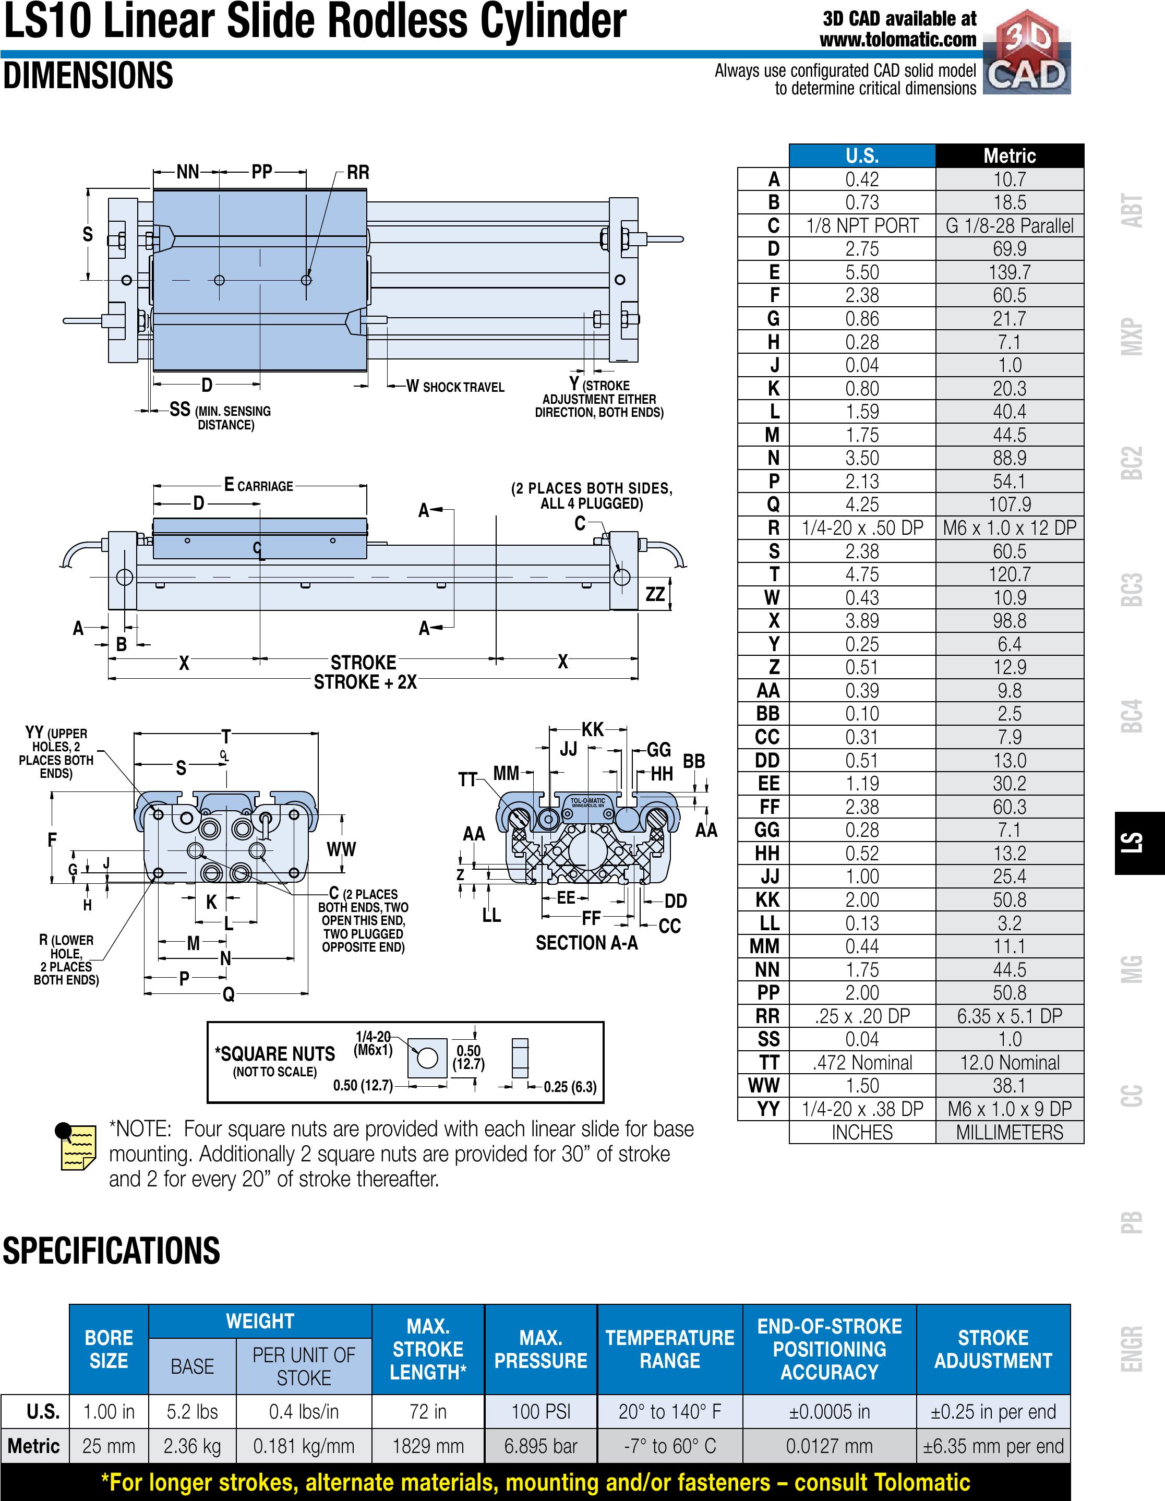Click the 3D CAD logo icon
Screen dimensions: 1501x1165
point(1027,53)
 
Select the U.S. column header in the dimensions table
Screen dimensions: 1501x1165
point(862,155)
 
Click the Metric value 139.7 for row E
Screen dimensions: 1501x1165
point(1009,272)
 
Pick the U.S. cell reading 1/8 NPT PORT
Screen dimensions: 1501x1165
point(862,225)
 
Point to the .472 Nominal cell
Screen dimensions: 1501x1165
point(862,1063)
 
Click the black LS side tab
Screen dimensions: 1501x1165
point(1139,843)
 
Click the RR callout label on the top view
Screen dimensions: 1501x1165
point(357,173)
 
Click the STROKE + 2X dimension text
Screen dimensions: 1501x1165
point(365,682)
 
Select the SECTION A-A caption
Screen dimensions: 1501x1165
point(586,943)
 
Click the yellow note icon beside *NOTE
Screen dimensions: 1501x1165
point(75,1146)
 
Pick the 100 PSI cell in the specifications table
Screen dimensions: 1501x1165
point(541,1412)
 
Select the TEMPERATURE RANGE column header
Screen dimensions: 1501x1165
point(669,1349)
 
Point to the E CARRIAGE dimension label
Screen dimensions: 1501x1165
point(259,485)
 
